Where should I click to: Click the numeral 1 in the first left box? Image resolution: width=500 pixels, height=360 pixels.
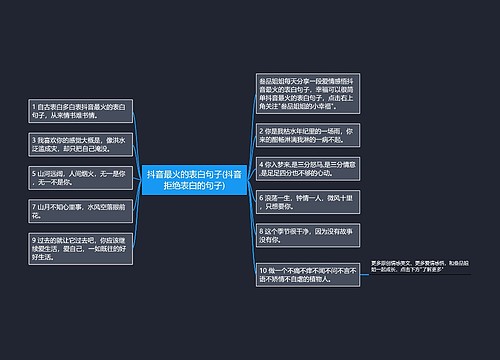click(33, 106)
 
